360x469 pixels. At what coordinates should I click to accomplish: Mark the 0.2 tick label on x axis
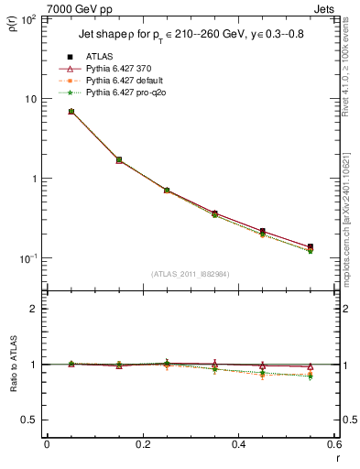(x=142, y=444)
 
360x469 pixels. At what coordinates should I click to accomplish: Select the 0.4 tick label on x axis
(x=238, y=444)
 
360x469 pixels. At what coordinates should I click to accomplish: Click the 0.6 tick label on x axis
(x=333, y=444)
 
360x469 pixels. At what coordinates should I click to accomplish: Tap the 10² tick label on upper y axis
(x=27, y=18)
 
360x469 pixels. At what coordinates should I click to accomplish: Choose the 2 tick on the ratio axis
(x=33, y=309)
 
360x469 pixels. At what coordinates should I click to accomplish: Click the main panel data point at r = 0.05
(x=71, y=112)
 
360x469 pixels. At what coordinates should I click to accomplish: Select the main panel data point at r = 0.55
(x=311, y=247)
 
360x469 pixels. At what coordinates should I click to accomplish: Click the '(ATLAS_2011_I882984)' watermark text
(x=190, y=274)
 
